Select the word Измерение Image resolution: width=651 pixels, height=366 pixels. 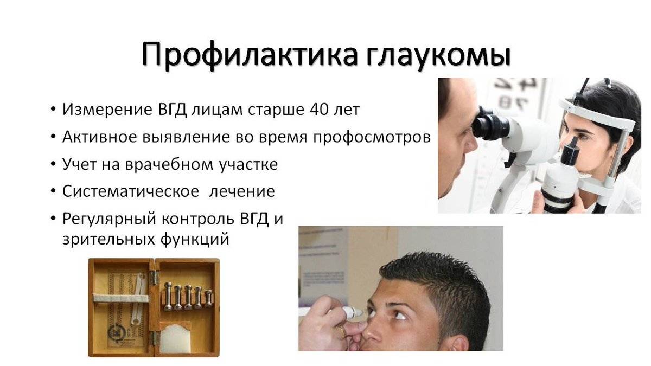click(x=107, y=110)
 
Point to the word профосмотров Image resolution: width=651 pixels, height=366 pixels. click(x=372, y=138)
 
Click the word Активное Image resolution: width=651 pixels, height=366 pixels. click(x=100, y=137)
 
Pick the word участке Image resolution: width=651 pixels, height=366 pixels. click(x=248, y=165)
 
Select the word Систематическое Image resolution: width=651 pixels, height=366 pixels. click(x=131, y=191)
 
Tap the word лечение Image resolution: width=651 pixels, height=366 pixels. click(x=242, y=191)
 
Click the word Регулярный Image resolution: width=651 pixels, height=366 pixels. click(x=109, y=220)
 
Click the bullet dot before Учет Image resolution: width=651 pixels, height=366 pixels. click(x=53, y=164)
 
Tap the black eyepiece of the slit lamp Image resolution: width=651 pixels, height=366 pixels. click(x=490, y=125)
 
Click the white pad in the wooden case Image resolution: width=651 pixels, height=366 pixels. click(x=176, y=339)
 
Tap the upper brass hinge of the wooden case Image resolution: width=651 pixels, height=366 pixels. click(x=154, y=278)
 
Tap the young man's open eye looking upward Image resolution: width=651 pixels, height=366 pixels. click(x=401, y=315)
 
